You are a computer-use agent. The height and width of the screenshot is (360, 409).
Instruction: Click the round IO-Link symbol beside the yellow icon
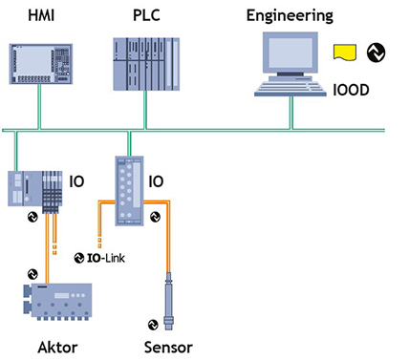(376, 53)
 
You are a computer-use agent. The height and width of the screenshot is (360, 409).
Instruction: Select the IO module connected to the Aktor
(32, 188)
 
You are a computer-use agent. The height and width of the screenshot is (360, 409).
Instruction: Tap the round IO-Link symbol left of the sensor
(150, 322)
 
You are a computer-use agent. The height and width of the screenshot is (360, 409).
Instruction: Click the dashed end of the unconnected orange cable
(99, 235)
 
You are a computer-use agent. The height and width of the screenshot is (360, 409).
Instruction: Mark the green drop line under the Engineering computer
(291, 112)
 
